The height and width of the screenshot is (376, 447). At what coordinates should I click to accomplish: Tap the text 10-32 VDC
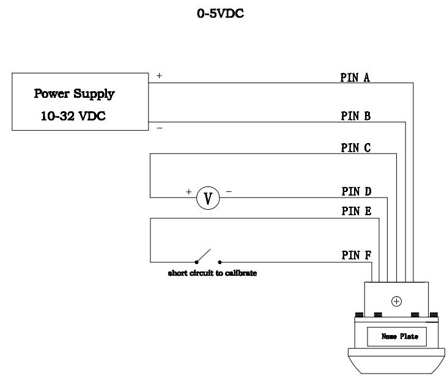(x=74, y=116)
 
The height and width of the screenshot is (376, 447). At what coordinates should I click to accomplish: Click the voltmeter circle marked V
(x=208, y=197)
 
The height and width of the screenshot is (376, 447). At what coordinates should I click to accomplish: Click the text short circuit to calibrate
(x=212, y=273)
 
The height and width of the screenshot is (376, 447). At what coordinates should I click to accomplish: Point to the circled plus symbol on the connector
(x=396, y=301)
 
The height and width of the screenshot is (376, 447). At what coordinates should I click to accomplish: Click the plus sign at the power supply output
(x=160, y=76)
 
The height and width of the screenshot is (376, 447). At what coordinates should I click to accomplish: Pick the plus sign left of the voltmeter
(x=188, y=191)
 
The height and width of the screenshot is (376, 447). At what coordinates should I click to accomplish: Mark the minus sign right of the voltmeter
(x=229, y=191)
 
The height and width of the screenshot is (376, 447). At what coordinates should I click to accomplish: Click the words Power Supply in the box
(x=75, y=95)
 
